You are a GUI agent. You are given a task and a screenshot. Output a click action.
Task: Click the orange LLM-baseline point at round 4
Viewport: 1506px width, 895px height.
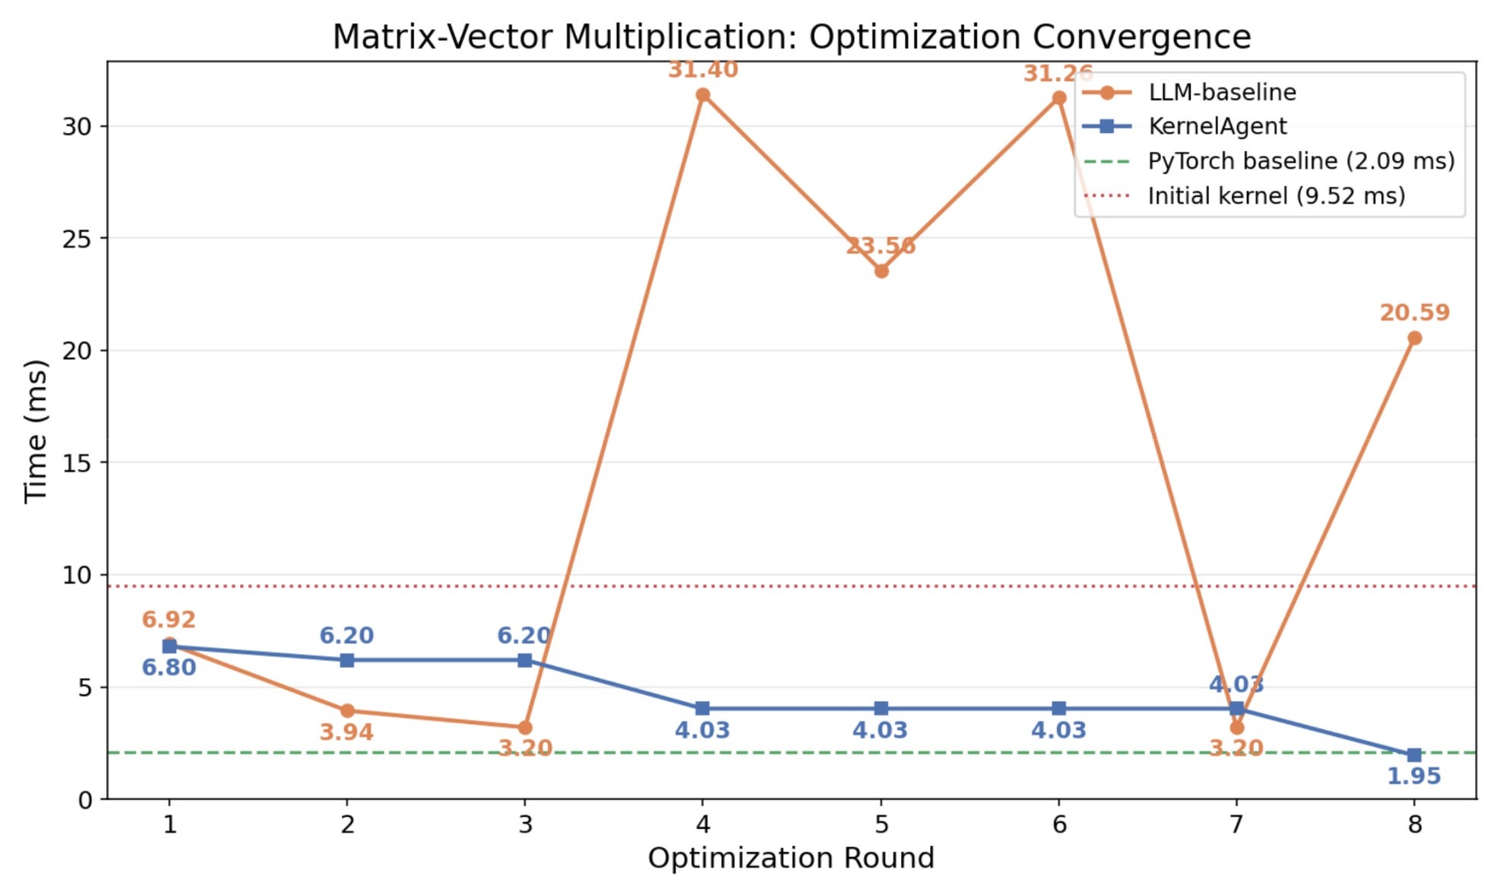(x=703, y=95)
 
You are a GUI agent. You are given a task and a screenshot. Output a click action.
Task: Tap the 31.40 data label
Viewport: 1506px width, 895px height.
(x=703, y=70)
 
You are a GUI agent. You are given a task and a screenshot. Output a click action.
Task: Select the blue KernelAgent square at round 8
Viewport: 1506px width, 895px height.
(x=1414, y=754)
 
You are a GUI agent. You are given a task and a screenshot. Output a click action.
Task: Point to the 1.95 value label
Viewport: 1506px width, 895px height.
(x=1414, y=776)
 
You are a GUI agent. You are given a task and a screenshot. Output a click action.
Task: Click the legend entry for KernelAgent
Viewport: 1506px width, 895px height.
(x=1217, y=126)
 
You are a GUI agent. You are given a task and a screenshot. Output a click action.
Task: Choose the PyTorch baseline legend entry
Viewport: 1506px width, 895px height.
(x=1301, y=161)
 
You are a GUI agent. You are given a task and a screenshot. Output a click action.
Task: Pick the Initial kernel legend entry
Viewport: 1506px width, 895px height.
(x=1277, y=196)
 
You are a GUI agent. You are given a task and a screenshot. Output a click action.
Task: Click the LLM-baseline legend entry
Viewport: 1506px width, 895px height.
(x=1222, y=92)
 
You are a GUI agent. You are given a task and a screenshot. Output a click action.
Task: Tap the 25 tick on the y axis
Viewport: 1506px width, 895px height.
(x=77, y=239)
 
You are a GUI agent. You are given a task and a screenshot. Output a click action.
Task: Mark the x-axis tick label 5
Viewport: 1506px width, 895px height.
(x=881, y=824)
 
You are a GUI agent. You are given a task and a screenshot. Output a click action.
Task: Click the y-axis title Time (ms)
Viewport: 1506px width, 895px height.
(x=35, y=431)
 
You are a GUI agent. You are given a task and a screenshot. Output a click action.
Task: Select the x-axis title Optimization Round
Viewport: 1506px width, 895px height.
(x=791, y=859)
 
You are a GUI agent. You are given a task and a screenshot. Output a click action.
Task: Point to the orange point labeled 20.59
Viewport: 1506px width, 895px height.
(x=1414, y=338)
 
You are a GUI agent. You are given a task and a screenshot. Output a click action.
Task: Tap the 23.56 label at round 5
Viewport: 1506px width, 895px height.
(x=881, y=246)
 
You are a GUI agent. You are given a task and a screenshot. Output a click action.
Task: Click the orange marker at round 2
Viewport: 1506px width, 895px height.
(x=347, y=711)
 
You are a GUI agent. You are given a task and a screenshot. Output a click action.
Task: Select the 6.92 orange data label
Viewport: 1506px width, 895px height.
(x=169, y=620)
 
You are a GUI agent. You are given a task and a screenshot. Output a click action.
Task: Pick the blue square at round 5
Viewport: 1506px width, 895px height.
(x=881, y=708)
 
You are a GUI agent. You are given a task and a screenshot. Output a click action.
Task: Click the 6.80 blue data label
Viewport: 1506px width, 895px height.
(x=169, y=668)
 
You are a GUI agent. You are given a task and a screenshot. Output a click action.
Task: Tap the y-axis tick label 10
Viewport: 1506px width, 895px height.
(x=77, y=575)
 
